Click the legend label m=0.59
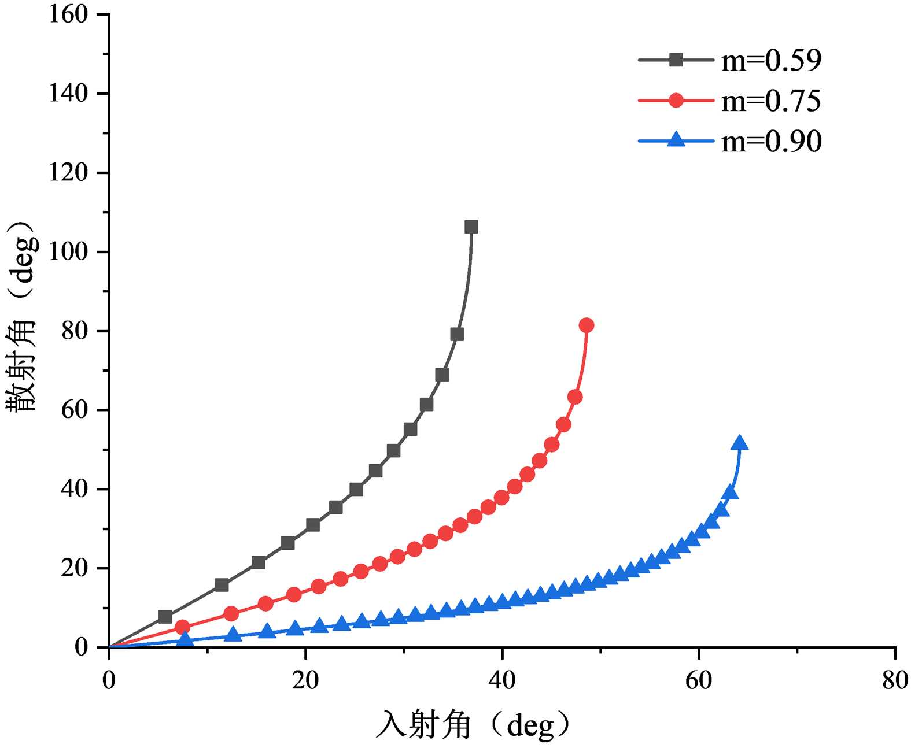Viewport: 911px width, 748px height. pos(771,60)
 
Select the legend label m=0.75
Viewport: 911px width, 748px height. pos(771,101)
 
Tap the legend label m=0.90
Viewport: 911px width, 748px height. pos(771,141)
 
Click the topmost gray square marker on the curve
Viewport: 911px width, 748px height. pos(471,227)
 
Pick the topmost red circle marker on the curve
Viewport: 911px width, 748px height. pos(586,325)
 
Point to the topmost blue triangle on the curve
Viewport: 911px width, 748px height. pos(739,443)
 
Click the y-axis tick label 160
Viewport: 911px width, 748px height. pos(68,14)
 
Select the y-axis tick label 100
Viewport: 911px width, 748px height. pos(68,252)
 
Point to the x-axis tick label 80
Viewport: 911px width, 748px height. pos(895,681)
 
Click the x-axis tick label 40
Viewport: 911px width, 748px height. pos(502,681)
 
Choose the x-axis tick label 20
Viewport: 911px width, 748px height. pos(305,681)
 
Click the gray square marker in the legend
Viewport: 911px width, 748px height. pos(676,60)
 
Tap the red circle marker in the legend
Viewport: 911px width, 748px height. pos(676,100)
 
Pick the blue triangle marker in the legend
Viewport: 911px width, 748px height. pos(676,140)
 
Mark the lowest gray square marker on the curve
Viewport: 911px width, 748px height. pos(165,617)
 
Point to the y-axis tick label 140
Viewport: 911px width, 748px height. pos(68,94)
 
